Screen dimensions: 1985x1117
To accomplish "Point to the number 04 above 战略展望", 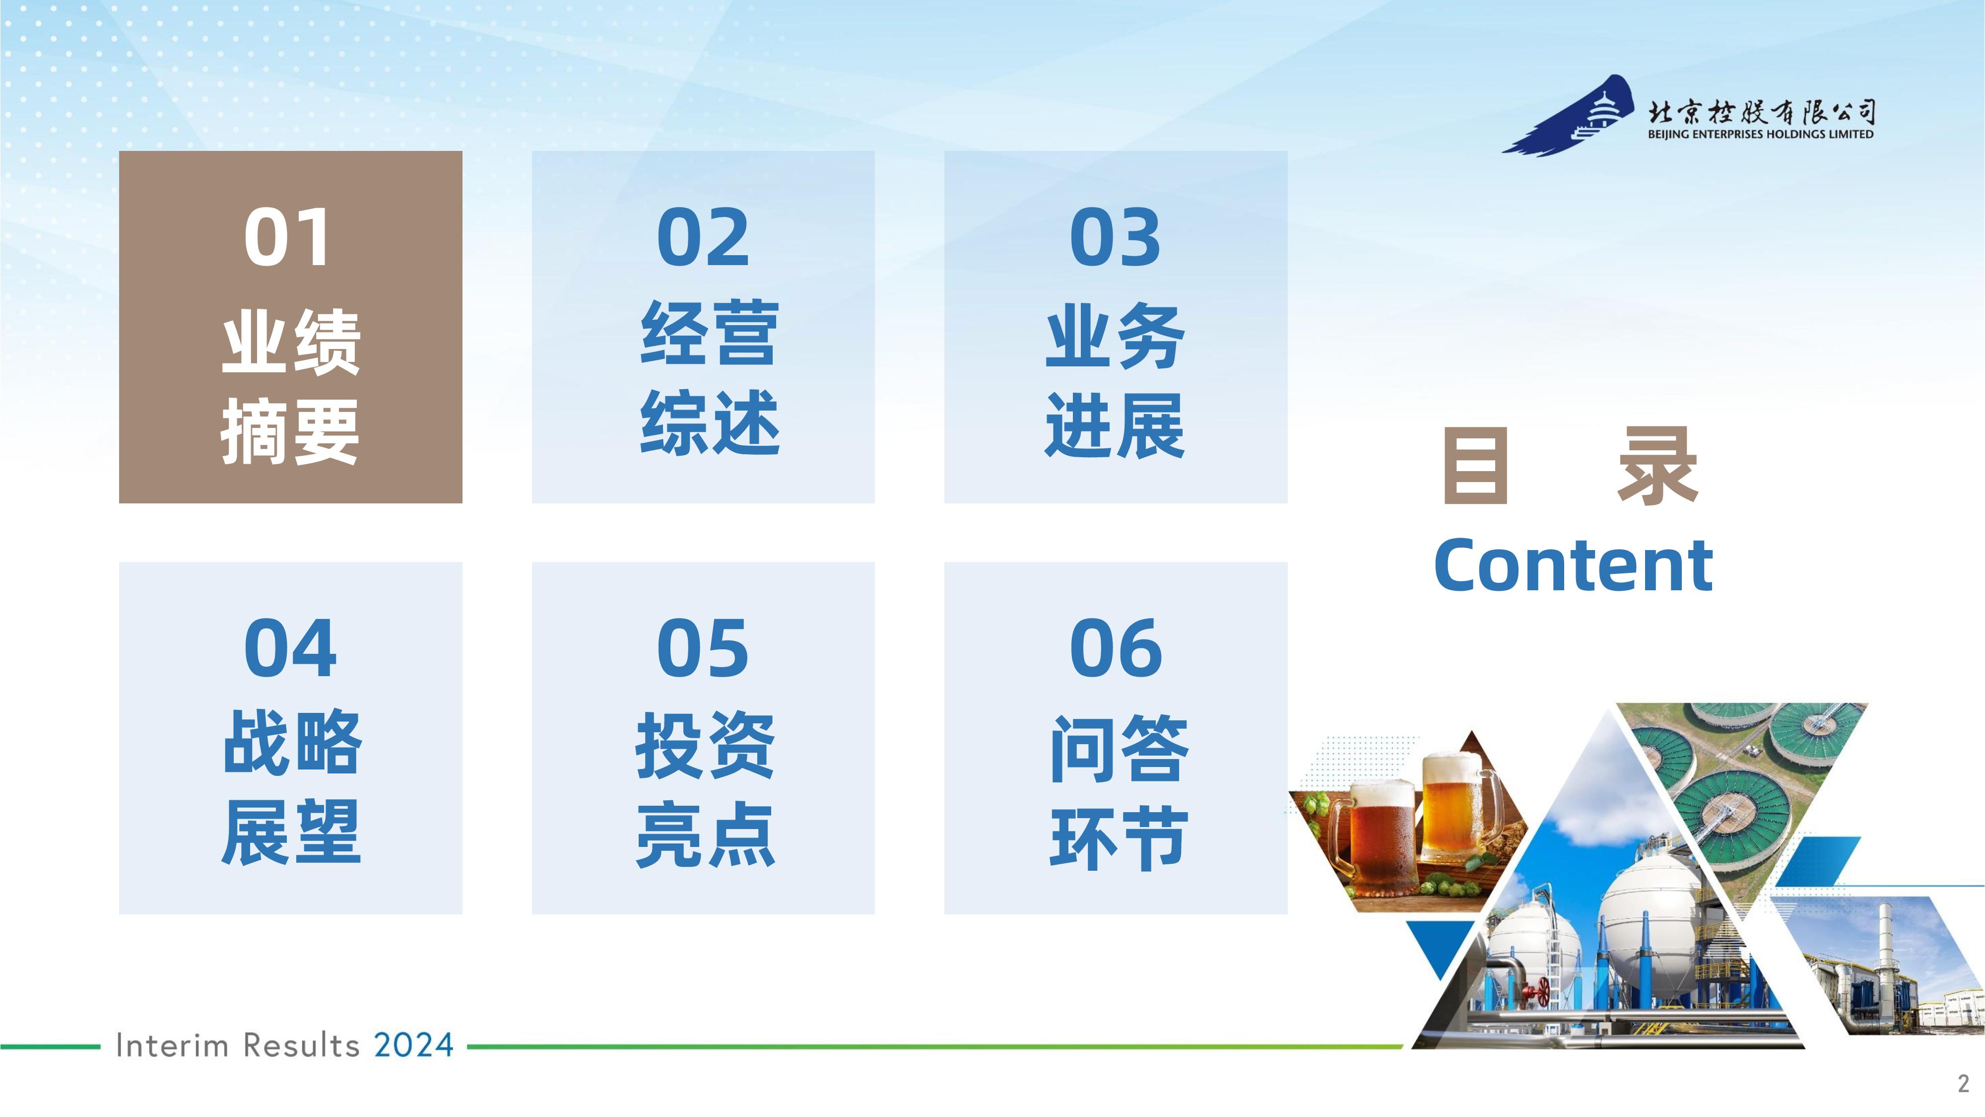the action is click(290, 648).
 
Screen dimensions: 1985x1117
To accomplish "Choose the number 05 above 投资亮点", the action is click(703, 648).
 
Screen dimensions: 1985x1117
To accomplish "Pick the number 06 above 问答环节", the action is click(1116, 648).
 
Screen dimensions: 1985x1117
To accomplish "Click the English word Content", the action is click(1573, 565).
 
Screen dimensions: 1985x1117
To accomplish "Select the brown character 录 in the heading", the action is click(1657, 466).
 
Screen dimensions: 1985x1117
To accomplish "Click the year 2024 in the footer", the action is click(414, 1046).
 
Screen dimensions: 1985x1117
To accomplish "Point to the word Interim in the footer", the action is click(172, 1046).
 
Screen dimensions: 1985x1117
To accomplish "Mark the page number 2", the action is click(1963, 1083).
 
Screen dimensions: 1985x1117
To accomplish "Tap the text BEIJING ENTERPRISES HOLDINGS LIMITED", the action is click(1761, 134).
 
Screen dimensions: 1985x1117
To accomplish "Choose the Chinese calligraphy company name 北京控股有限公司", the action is click(1762, 113).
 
